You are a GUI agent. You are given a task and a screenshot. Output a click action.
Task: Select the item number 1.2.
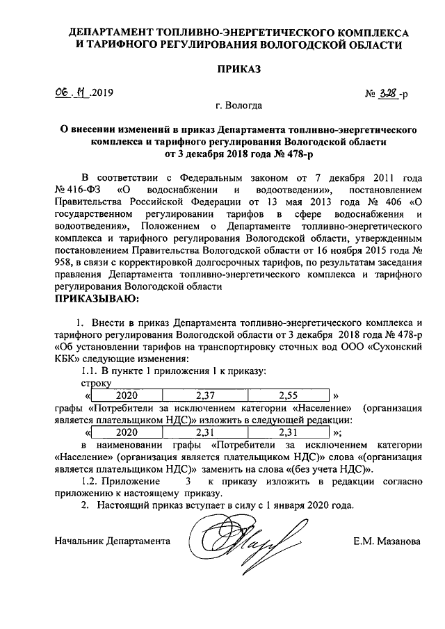pyautogui.click(x=92, y=482)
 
